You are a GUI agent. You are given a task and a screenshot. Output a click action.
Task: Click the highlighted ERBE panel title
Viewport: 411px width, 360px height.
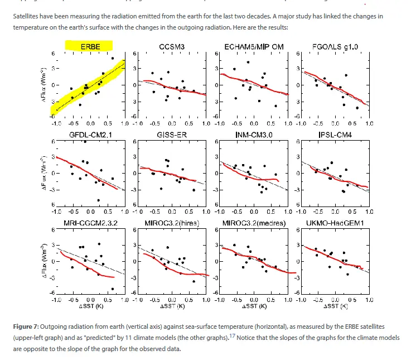90,47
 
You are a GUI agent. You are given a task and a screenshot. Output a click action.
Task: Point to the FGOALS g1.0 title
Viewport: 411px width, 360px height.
334,47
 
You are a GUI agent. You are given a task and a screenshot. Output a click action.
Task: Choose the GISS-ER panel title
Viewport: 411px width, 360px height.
171,135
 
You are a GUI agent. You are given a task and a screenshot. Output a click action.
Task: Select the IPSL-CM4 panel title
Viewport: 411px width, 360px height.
334,135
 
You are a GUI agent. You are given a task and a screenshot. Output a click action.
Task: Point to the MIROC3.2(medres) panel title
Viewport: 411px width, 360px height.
253,223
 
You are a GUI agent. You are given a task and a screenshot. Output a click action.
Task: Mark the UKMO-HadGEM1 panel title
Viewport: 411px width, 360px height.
334,223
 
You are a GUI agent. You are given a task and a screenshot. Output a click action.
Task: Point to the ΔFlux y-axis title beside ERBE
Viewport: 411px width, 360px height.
43,84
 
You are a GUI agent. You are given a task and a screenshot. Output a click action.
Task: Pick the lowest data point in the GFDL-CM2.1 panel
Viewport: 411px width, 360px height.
99,200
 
